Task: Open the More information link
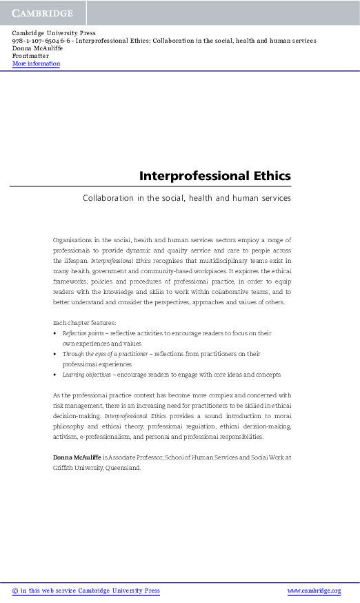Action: coord(36,63)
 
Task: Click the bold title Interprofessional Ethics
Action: coord(214,175)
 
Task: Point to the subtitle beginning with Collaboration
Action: coord(186,198)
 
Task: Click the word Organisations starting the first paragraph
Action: coord(74,239)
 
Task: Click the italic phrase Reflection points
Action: coord(83,333)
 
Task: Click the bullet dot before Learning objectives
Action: coord(55,375)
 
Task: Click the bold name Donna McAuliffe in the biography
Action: coord(77,457)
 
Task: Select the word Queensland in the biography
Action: coord(122,467)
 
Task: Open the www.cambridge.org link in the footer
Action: coord(314,591)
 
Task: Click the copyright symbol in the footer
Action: coord(15,591)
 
